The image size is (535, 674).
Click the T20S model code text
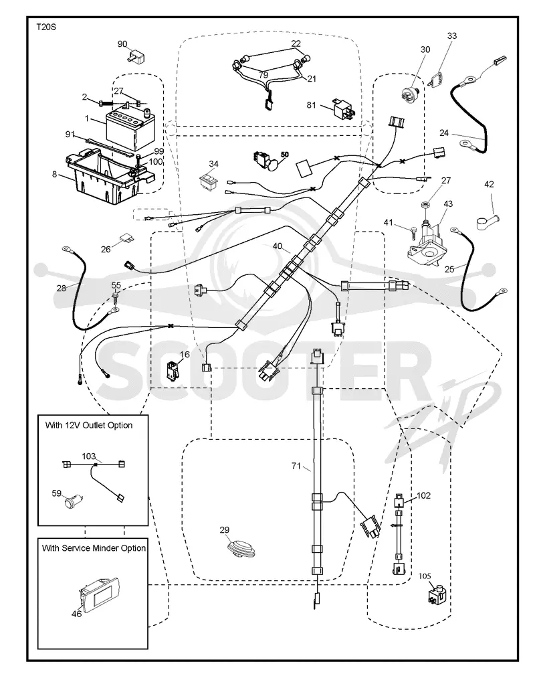[46, 27]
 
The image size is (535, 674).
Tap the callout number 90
[122, 44]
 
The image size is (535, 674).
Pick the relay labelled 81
[343, 109]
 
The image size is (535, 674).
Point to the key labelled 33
[439, 80]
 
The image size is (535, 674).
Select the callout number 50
[285, 155]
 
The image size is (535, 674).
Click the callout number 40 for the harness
[278, 246]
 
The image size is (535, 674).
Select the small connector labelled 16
[173, 371]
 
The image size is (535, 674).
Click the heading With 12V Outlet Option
[89, 425]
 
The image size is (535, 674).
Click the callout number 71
[296, 466]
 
